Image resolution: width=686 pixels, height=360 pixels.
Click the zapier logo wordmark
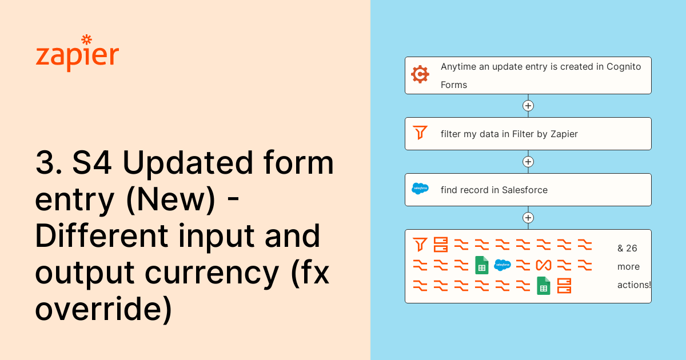[77, 54]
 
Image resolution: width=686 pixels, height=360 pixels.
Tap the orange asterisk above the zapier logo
[86, 40]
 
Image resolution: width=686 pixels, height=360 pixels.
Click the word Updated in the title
[188, 163]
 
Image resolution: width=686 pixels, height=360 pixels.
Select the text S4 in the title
[92, 163]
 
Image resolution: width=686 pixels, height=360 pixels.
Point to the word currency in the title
[212, 273]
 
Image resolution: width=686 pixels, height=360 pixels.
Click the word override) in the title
[103, 309]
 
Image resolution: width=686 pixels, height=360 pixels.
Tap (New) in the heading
[171, 199]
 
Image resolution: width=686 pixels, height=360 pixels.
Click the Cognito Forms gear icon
[420, 74]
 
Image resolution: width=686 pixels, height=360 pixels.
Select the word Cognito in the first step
[624, 67]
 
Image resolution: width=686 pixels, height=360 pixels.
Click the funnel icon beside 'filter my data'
[420, 133]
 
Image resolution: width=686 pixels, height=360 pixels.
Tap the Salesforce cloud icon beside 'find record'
[420, 189]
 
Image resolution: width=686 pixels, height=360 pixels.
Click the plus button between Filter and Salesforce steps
[528, 162]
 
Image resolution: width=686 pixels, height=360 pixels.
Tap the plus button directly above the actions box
[528, 218]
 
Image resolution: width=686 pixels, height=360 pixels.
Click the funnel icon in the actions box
[420, 245]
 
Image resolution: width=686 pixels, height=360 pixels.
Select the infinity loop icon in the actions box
[544, 265]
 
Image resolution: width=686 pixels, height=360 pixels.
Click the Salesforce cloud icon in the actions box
[502, 265]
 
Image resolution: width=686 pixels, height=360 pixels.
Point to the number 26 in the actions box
[632, 248]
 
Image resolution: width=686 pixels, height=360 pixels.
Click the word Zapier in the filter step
[564, 134]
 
